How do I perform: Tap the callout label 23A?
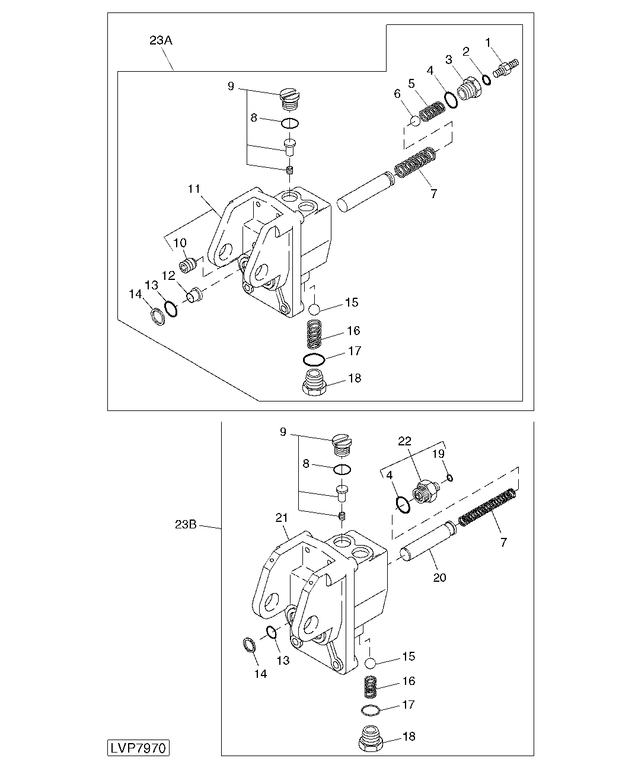(161, 41)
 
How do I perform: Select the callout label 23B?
(186, 525)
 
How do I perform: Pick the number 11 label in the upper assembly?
(194, 189)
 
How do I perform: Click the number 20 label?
(439, 577)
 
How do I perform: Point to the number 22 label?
(404, 441)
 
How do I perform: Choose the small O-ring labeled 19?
(450, 477)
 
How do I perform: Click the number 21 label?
(280, 518)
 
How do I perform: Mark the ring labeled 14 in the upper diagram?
(158, 317)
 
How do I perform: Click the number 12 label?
(168, 275)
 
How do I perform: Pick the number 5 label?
(411, 84)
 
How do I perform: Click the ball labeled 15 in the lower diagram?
(371, 662)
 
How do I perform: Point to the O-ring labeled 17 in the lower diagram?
(369, 710)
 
